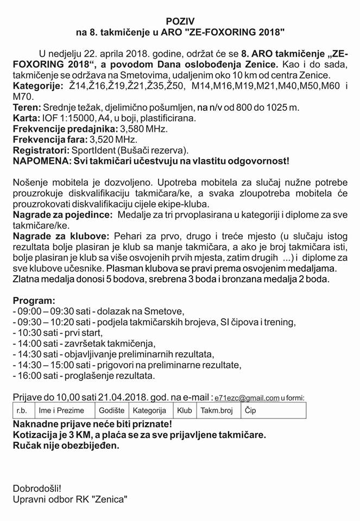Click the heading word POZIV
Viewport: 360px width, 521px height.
coord(180,22)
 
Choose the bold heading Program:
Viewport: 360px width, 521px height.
coord(34,300)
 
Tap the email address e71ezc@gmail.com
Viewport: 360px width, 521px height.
coord(247,398)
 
